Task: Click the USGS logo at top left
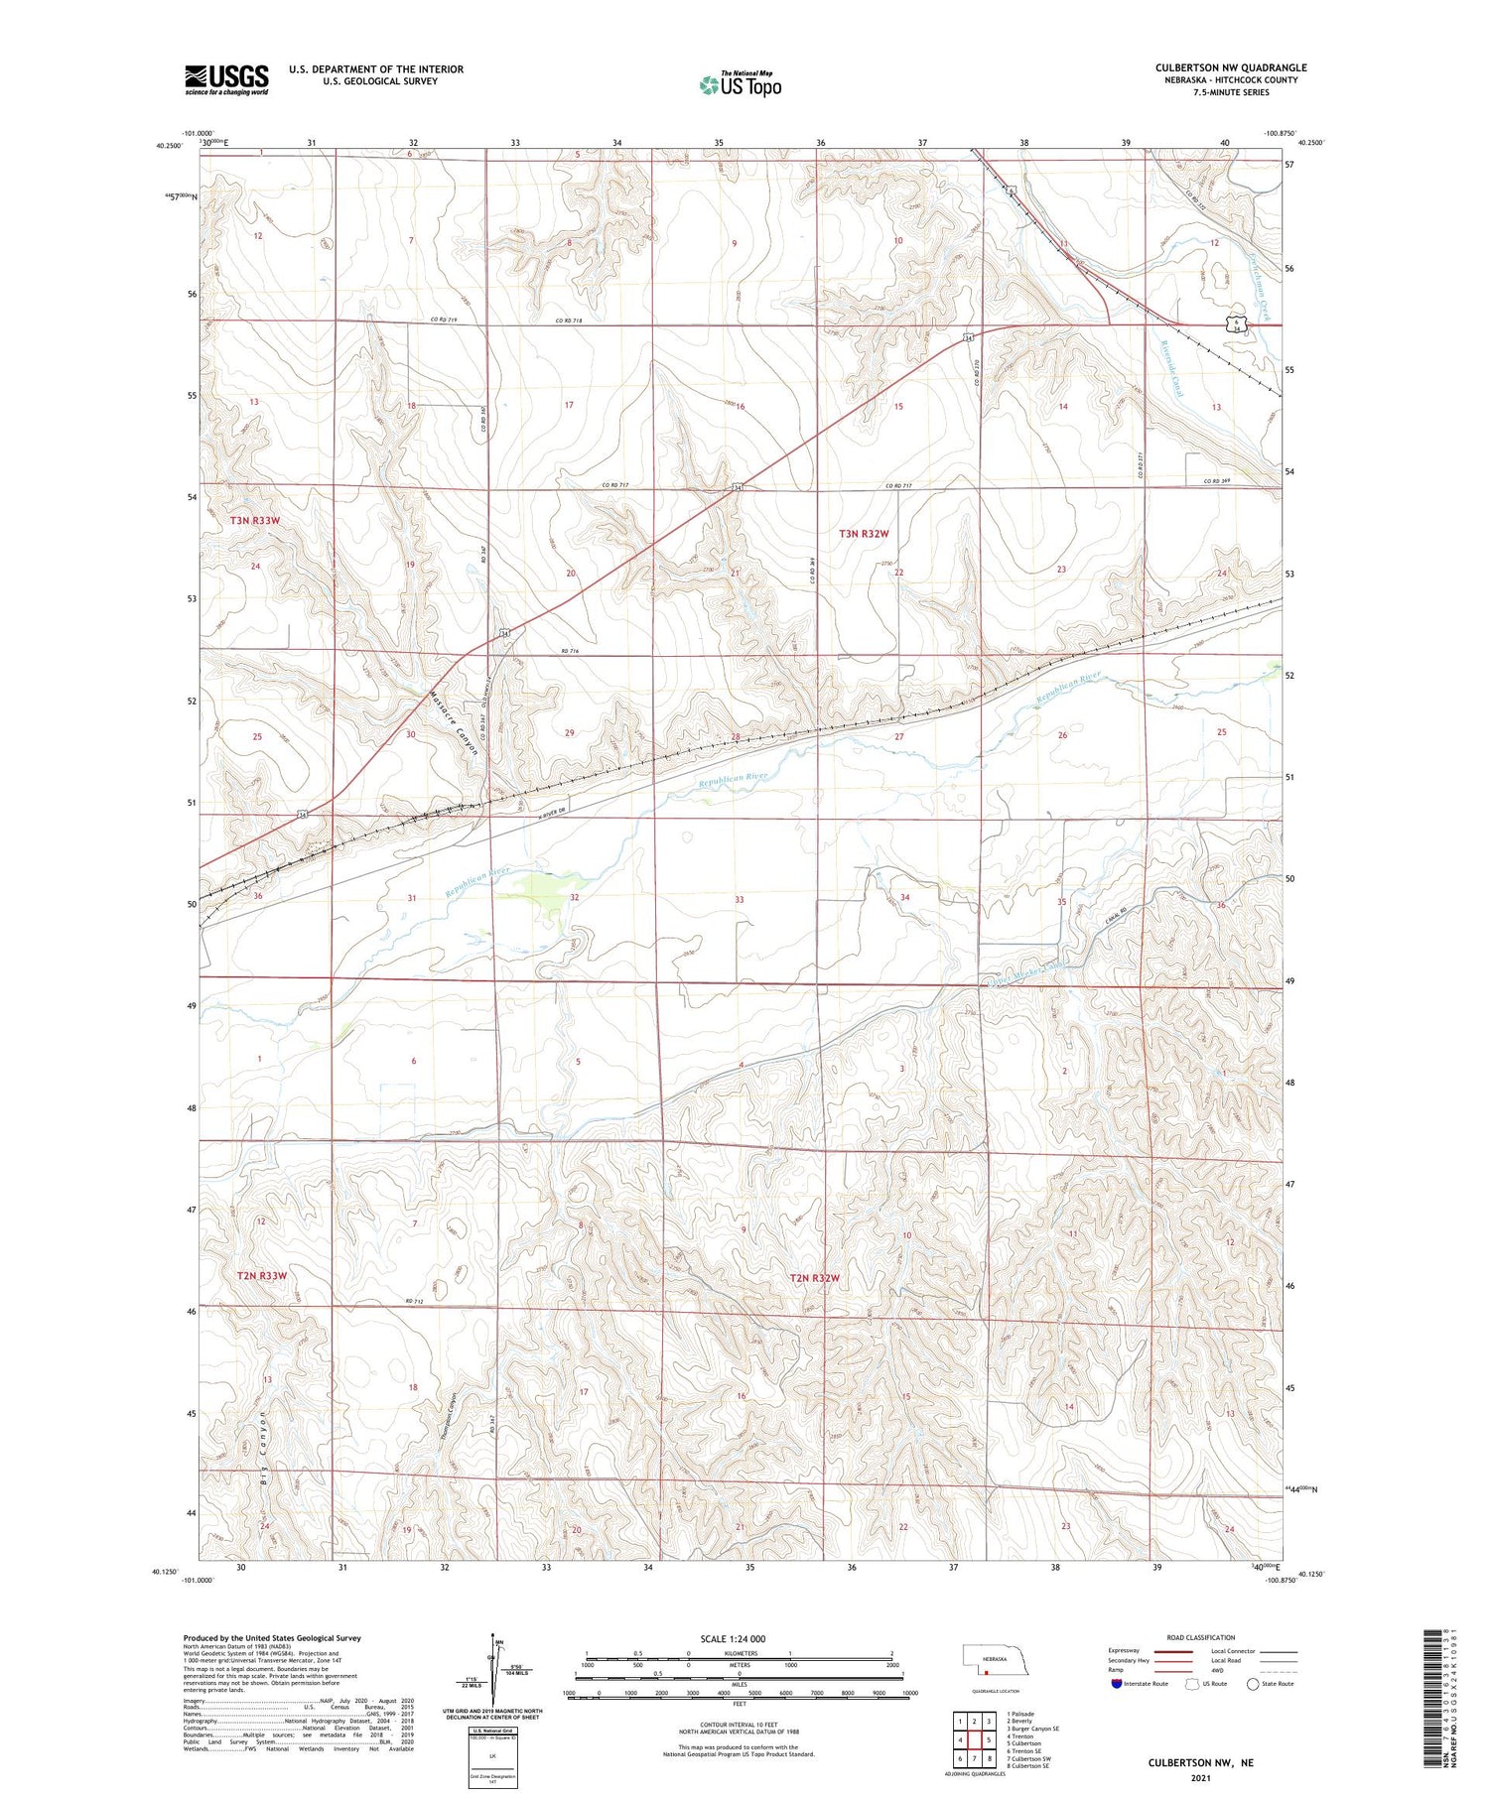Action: (226, 79)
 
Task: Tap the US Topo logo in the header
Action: (740, 85)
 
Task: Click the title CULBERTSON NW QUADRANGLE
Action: (1230, 68)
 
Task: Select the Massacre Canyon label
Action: (456, 722)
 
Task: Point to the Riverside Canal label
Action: (1171, 368)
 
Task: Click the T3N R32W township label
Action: (864, 534)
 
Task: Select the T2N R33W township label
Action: (261, 1275)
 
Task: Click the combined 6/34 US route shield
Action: (1233, 324)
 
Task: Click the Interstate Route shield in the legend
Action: (1119, 1684)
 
